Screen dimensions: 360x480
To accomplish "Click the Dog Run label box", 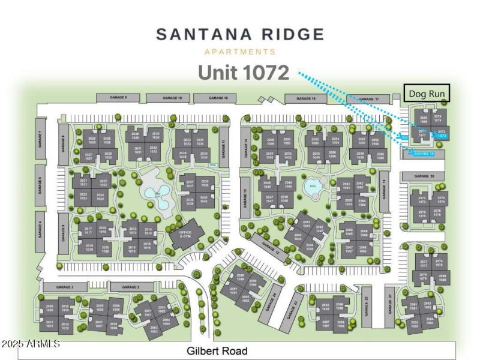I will [426, 94].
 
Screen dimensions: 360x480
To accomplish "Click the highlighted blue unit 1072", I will [442, 136].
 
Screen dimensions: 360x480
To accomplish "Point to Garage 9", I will [118, 97].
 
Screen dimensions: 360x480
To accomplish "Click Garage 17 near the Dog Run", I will [368, 99].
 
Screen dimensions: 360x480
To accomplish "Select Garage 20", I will [424, 176].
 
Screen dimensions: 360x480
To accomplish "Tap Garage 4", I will [40, 230].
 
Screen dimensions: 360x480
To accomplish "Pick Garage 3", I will [65, 288].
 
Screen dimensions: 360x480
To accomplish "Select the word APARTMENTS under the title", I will [240, 52].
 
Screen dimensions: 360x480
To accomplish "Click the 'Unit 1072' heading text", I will [244, 73].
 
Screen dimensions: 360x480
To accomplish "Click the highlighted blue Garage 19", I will [422, 154].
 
